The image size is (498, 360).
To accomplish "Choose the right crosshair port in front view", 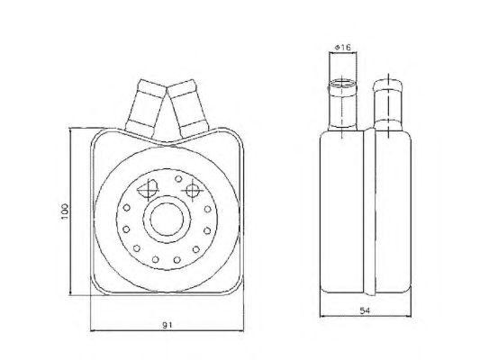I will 191,189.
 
